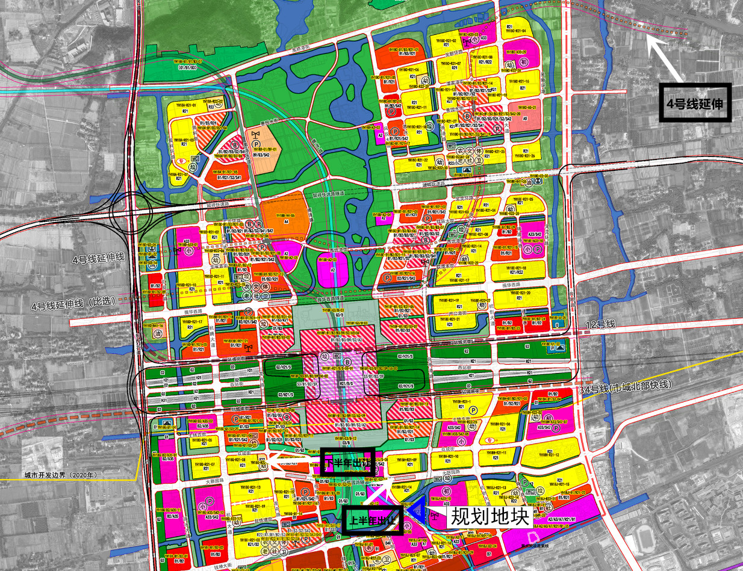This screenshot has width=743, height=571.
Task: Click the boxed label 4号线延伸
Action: coord(695,102)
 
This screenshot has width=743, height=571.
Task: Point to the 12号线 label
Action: coord(600,324)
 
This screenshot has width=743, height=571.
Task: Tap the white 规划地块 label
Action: coord(489,516)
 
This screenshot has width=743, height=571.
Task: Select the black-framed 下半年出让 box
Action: coord(347,462)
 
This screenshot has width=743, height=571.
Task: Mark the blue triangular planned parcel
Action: coord(416,510)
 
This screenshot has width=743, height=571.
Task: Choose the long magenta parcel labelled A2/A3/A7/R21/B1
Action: coord(563,517)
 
